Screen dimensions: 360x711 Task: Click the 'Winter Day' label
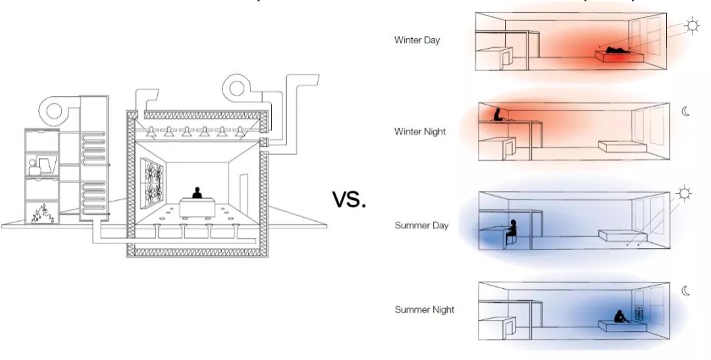[417, 40]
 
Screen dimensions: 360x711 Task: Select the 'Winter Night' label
[420, 132]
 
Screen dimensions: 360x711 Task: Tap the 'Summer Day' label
[421, 226]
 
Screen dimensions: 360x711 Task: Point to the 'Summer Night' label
[424, 309]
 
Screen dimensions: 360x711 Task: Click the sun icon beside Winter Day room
[692, 26]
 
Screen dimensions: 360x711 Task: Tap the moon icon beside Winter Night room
[685, 112]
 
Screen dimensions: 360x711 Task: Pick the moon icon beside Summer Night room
[686, 290]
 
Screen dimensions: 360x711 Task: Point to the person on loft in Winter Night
[498, 115]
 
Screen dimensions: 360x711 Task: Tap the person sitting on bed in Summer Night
[621, 317]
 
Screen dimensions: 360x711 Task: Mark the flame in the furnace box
[41, 213]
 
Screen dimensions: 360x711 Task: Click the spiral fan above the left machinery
[56, 110]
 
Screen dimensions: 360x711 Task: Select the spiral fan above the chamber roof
[241, 88]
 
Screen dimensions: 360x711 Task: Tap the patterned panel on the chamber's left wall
[151, 182]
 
